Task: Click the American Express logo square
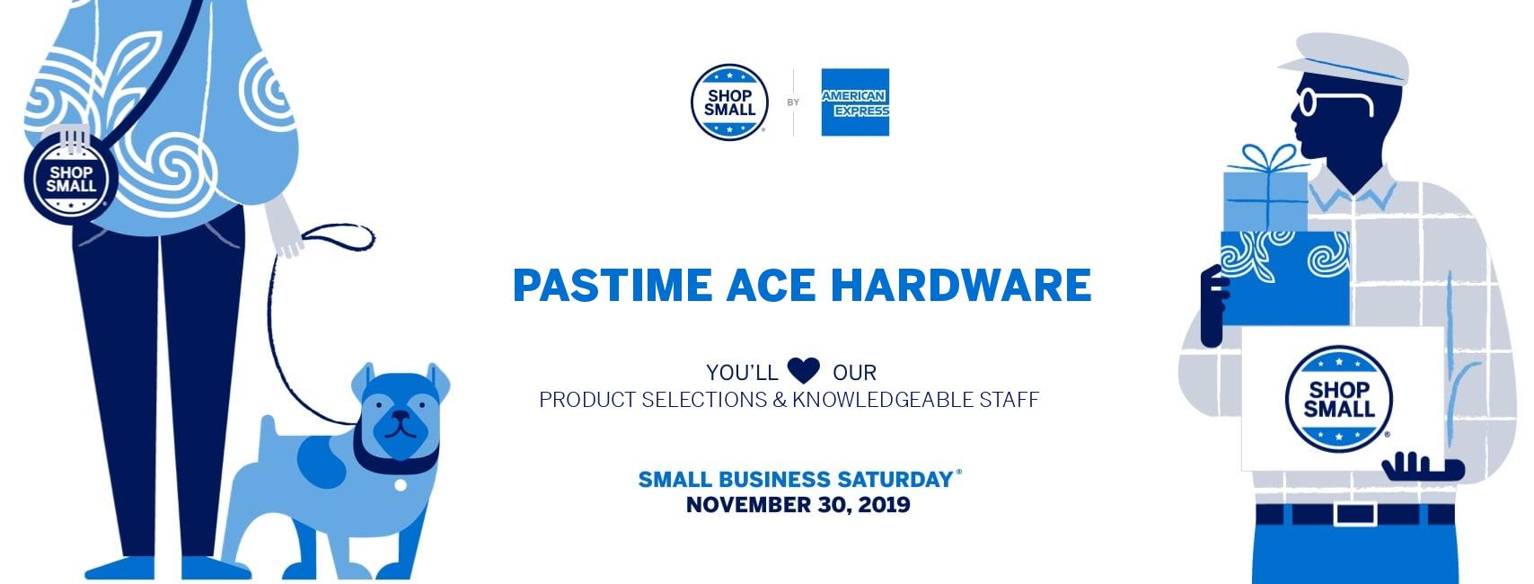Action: click(855, 102)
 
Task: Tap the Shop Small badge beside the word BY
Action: click(729, 102)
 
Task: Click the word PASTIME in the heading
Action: click(613, 285)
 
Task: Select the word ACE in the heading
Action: click(771, 285)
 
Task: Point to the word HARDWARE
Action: click(961, 285)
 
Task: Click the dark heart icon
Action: click(804, 370)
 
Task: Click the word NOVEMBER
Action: click(748, 505)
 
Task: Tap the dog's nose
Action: click(400, 416)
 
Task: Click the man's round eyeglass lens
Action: click(1308, 102)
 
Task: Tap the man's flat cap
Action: click(1344, 59)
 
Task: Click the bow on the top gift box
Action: click(1267, 157)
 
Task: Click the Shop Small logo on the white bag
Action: click(1339, 399)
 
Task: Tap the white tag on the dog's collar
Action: click(401, 484)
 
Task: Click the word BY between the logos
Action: click(793, 102)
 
